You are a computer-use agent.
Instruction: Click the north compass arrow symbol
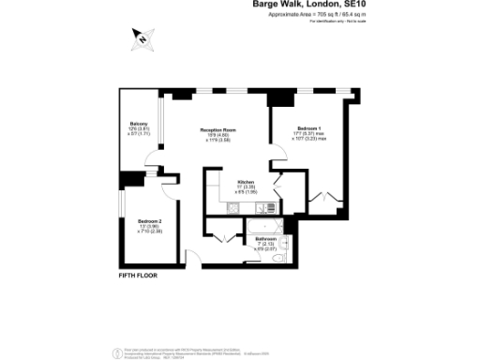tap(142, 37)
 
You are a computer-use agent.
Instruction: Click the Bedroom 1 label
tap(309, 128)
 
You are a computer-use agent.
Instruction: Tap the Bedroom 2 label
tap(138, 221)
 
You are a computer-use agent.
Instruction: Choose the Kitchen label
tap(247, 182)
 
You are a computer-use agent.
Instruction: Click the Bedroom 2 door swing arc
tap(169, 187)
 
